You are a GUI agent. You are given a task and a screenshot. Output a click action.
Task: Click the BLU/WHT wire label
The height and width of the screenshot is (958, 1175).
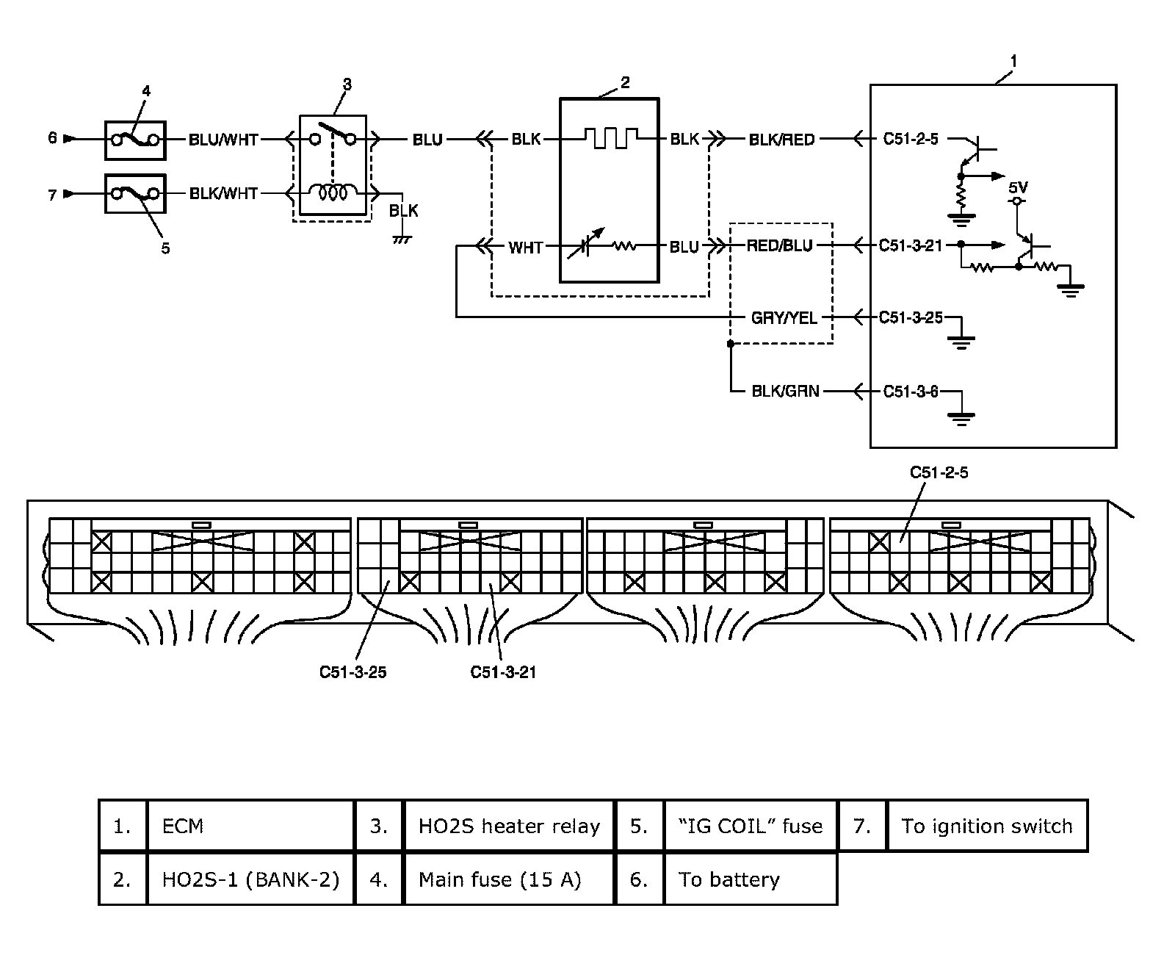tap(223, 140)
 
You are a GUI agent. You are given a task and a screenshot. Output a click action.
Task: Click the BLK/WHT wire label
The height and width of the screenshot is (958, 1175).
tap(223, 193)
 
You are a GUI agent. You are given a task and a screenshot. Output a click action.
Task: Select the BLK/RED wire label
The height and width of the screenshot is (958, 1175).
tap(781, 140)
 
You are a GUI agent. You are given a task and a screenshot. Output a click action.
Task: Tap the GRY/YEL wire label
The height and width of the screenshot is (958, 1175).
tap(783, 318)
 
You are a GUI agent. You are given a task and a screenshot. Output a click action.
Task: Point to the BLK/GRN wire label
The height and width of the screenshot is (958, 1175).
tap(785, 392)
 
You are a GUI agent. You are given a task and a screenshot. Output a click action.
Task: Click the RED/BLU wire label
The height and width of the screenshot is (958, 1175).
tap(779, 246)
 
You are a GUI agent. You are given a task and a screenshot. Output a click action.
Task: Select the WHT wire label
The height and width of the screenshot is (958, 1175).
tap(525, 248)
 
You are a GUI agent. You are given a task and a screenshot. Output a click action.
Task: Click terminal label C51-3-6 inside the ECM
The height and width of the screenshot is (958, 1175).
tap(911, 392)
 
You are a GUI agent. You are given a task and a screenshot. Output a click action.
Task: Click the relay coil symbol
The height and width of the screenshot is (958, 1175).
tap(333, 193)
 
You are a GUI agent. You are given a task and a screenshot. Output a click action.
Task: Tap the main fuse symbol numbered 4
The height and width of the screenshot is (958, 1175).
tap(135, 140)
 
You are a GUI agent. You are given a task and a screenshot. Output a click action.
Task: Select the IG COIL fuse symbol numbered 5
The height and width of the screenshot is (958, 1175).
tap(135, 193)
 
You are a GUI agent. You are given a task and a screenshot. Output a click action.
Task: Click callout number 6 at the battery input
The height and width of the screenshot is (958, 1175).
tap(52, 138)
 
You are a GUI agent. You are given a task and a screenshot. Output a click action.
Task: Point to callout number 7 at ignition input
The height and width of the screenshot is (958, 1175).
tap(52, 195)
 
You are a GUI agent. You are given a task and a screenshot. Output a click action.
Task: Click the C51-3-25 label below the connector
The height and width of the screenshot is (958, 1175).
tap(352, 672)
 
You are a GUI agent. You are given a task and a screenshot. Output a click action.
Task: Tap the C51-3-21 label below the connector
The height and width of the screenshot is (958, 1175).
tap(503, 672)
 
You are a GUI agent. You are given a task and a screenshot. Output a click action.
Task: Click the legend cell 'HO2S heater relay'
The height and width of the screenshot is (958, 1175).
tap(508, 826)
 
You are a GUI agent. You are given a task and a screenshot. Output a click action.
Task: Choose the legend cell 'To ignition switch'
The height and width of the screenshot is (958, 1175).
tap(986, 826)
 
